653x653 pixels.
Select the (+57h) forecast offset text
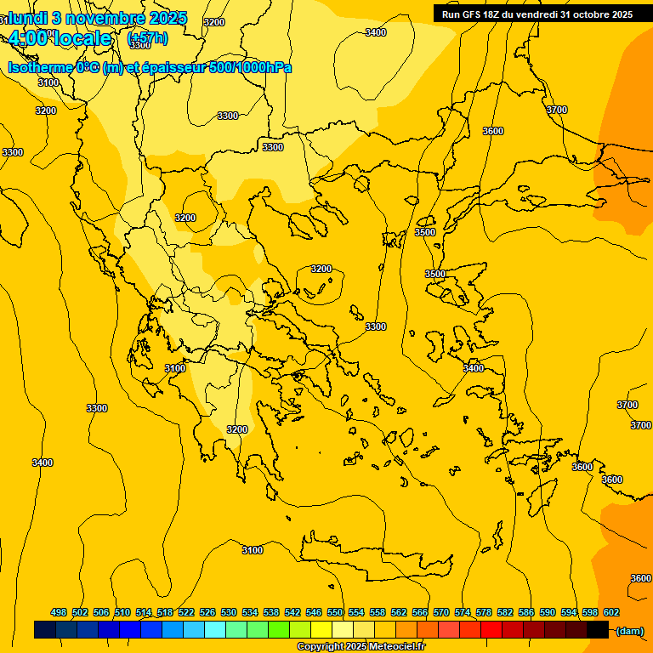147,38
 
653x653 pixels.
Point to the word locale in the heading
81,38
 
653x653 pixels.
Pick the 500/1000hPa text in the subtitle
250,67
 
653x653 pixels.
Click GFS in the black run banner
473,14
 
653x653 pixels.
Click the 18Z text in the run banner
492,14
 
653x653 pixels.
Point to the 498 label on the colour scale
59,612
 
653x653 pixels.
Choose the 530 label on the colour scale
229,612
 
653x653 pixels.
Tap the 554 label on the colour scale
356,612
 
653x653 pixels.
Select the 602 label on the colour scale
611,612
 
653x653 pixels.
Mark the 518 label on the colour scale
165,612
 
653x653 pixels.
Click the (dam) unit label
630,630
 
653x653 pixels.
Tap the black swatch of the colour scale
598,630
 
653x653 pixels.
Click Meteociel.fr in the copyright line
397,646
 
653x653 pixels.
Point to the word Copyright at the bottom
320,646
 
